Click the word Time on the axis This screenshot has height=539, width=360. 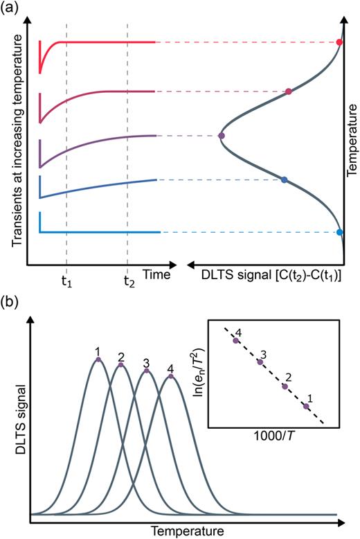click(156, 275)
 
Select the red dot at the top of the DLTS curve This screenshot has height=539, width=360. click(339, 42)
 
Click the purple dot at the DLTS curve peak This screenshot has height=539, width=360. click(221, 136)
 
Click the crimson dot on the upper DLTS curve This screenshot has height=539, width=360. click(289, 91)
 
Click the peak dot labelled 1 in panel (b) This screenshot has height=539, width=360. click(98, 359)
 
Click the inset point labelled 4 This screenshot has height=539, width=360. click(237, 340)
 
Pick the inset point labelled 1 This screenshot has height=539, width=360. click(307, 407)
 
